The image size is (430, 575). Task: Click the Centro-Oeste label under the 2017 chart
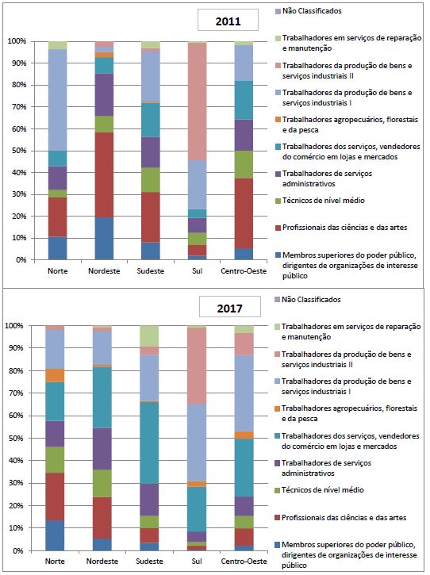coord(244,561)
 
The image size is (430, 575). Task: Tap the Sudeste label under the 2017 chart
coord(152,561)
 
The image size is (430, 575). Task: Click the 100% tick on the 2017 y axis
coord(15,325)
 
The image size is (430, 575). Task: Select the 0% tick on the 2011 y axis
coord(20,259)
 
